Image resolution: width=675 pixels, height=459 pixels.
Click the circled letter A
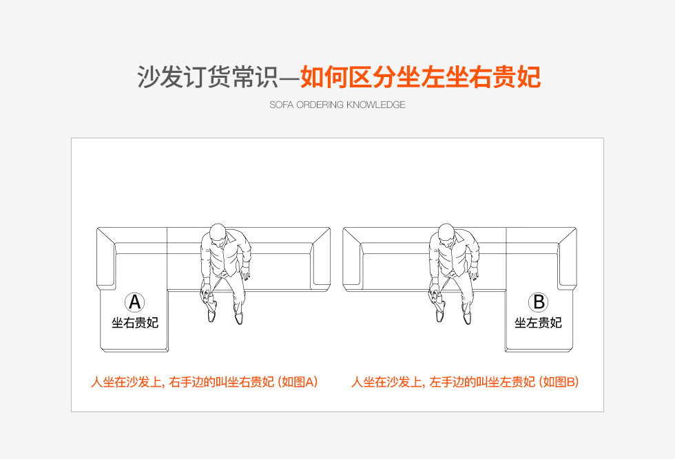[x=135, y=302]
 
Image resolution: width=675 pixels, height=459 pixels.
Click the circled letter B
[x=539, y=302]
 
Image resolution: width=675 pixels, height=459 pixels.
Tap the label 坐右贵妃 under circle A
[x=135, y=323]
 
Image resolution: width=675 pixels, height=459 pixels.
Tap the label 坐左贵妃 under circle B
[x=538, y=323]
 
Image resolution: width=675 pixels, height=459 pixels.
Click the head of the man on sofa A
[x=218, y=233]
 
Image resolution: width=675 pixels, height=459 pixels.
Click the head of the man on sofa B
[x=446, y=233]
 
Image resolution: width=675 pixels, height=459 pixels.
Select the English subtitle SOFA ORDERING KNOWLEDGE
[x=337, y=105]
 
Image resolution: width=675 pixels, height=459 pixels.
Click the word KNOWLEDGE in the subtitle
[x=376, y=105]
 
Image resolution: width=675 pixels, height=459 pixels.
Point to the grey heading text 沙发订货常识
[x=208, y=78]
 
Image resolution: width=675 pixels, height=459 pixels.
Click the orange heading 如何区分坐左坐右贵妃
[x=421, y=78]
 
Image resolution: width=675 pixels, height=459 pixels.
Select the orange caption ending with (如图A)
[x=205, y=382]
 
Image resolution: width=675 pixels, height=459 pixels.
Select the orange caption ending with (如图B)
[x=465, y=382]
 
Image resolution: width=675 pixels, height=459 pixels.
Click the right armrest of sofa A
[x=321, y=258]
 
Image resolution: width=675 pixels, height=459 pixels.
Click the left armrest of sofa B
[x=353, y=258]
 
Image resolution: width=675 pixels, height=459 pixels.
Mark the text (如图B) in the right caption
[x=559, y=382]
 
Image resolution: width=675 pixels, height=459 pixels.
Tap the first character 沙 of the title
[x=149, y=78]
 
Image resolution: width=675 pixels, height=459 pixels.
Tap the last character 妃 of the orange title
[x=529, y=78]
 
